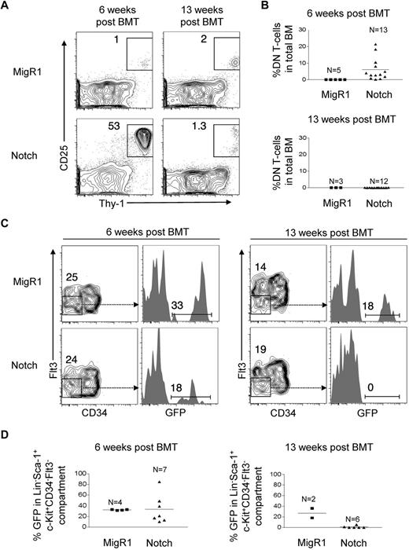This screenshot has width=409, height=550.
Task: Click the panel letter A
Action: coord(7,7)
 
